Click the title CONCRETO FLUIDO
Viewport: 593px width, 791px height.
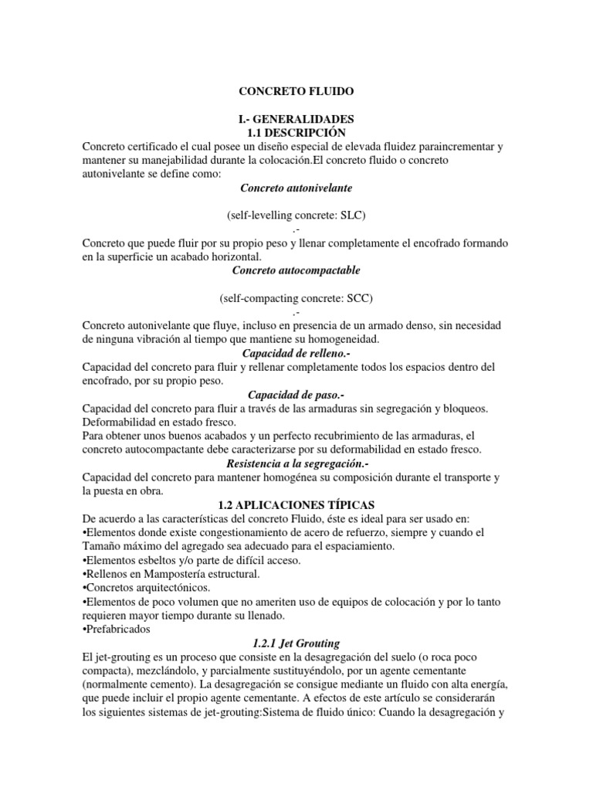[x=296, y=91]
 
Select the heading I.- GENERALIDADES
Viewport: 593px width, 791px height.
[x=296, y=120]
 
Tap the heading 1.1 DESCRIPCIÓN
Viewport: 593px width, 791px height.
[x=296, y=133]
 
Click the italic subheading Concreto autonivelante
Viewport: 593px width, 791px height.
[x=296, y=188]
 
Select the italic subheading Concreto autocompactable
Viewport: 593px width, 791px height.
[x=296, y=270]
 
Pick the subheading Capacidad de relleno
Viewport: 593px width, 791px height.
[x=296, y=353]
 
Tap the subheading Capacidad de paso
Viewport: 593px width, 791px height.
[x=296, y=395]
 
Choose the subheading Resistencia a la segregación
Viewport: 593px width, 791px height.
[x=296, y=463]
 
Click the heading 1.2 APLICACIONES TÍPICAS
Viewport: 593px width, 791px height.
[x=296, y=504]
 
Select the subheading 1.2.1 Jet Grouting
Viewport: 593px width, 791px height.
[x=296, y=642]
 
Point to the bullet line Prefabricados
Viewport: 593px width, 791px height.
[x=113, y=629]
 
